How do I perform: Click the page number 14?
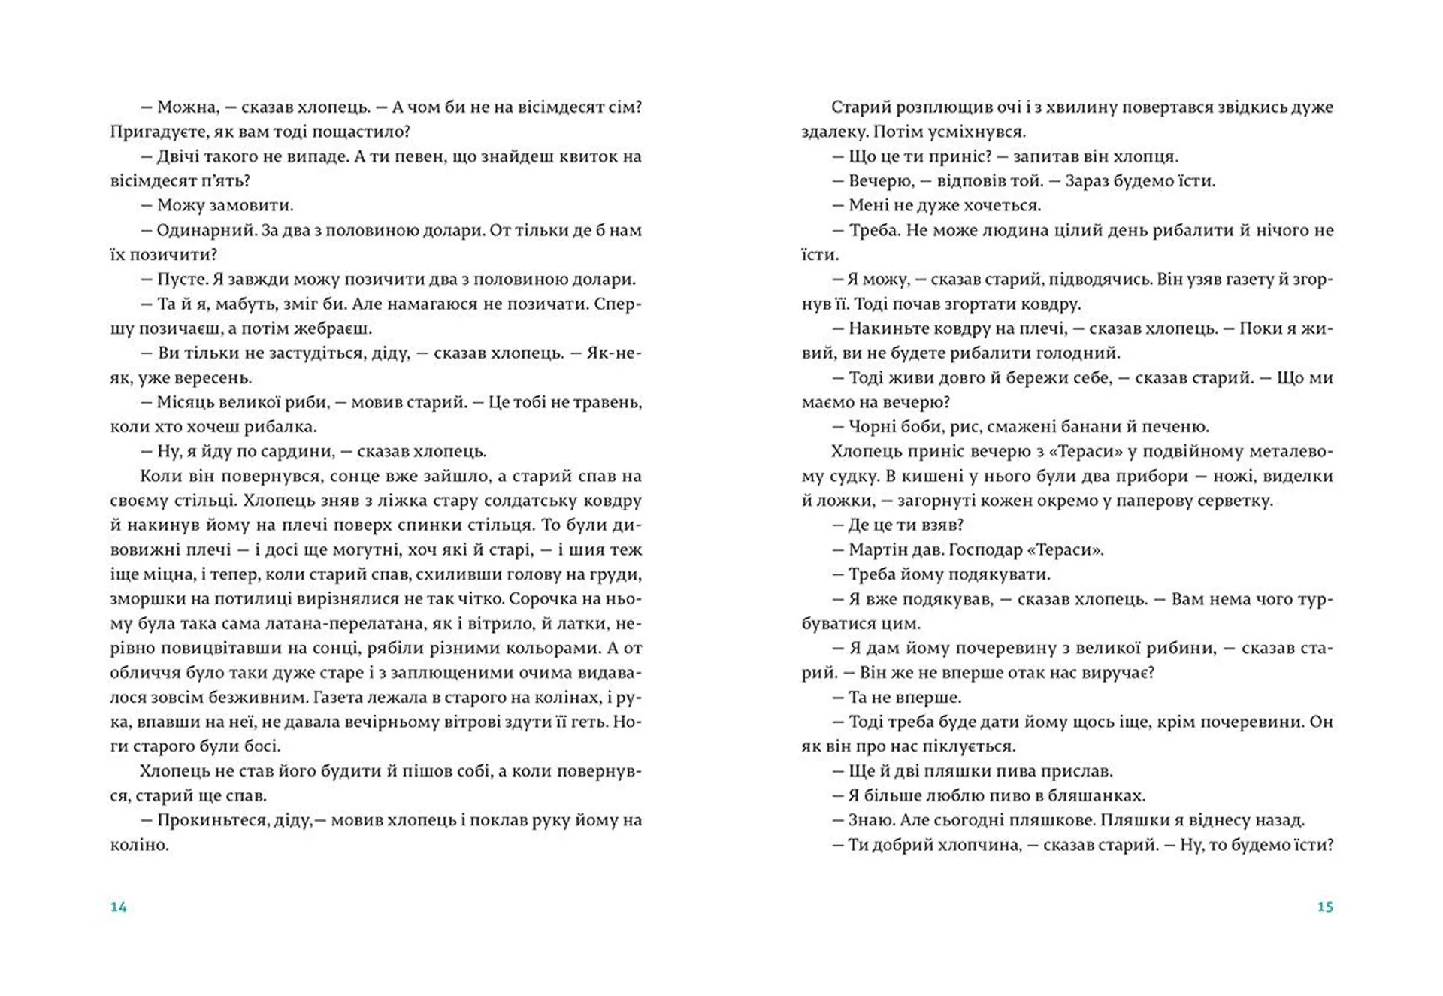point(119,907)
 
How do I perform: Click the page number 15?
point(1325,907)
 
